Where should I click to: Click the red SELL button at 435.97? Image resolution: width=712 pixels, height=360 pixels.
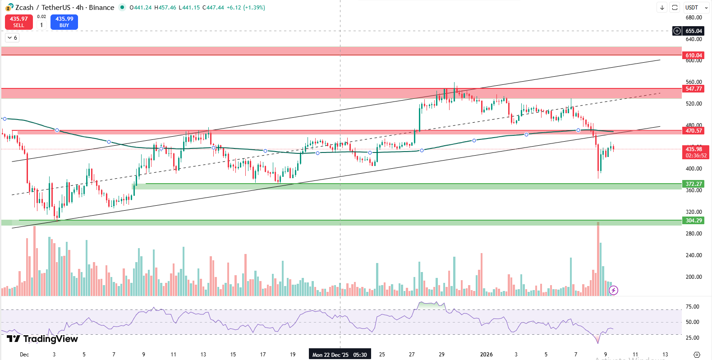tap(19, 22)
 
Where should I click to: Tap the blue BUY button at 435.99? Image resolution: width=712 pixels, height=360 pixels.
tap(64, 22)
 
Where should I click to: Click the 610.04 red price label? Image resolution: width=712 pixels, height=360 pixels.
tap(694, 55)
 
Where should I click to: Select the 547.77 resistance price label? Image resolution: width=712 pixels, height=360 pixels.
tap(694, 89)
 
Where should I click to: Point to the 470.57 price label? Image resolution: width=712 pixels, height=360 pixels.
tap(694, 131)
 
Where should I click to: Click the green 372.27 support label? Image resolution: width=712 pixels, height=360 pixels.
tap(694, 184)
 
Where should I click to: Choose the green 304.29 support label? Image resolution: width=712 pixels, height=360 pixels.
tap(694, 221)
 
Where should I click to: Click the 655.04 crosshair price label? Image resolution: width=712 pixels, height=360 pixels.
tap(694, 31)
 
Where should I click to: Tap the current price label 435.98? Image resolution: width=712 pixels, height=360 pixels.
tap(694, 149)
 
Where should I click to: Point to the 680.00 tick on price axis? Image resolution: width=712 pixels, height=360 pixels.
tap(694, 18)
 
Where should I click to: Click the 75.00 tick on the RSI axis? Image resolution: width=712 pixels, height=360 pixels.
tap(692, 307)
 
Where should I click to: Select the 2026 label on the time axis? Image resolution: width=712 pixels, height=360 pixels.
tap(486, 355)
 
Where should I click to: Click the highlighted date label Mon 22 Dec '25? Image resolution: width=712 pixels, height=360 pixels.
tap(331, 355)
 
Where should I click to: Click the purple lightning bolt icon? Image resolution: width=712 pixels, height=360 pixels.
tap(613, 290)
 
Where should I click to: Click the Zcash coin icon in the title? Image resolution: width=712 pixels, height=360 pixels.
tap(9, 7)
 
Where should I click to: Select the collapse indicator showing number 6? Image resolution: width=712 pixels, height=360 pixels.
tap(12, 38)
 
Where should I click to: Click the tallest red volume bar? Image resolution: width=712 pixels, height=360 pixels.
tap(598, 259)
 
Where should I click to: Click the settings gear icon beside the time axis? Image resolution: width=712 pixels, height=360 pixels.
tap(697, 355)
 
